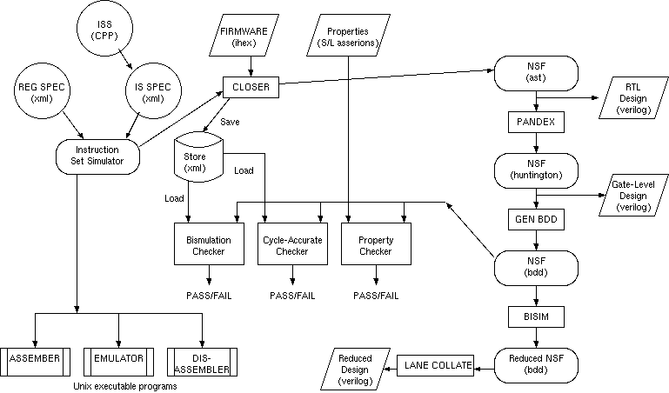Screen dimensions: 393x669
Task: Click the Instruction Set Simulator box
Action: (97, 155)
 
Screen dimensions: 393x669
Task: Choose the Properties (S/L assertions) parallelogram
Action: (347, 37)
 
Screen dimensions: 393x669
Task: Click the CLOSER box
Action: (251, 86)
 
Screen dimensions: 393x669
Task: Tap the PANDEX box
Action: (536, 123)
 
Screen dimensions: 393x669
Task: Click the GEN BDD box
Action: (536, 217)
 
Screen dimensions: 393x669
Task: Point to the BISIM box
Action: (536, 313)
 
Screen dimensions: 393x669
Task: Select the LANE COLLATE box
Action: (436, 365)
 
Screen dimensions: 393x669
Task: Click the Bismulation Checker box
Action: (206, 246)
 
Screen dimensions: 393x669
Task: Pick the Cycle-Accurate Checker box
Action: (291, 246)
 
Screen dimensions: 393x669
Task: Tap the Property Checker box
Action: (376, 246)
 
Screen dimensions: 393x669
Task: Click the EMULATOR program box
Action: (118, 358)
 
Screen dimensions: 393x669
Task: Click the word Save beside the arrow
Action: (230, 122)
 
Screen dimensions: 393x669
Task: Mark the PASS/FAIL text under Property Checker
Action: (376, 296)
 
